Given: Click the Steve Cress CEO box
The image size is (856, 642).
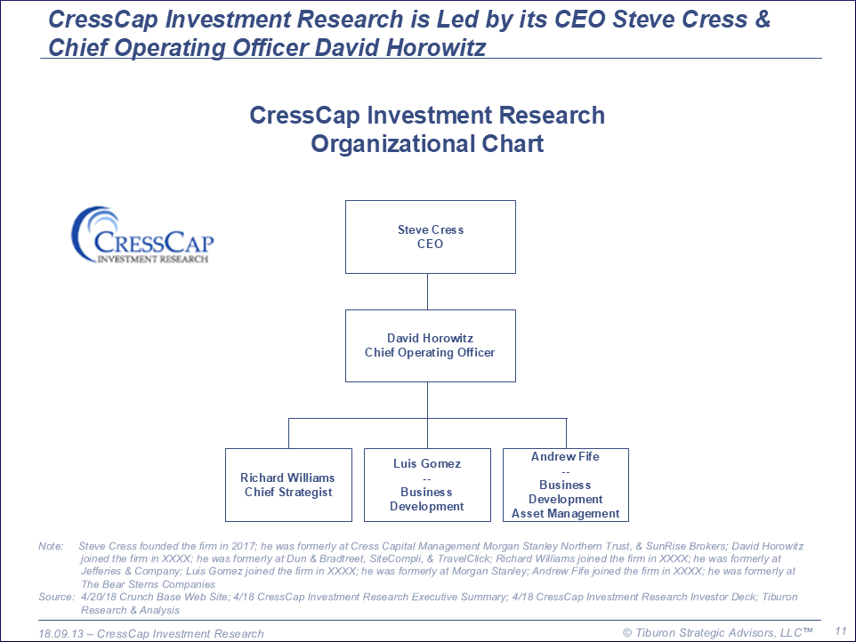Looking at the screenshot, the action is tap(430, 237).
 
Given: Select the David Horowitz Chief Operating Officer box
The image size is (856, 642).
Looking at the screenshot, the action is tap(430, 346).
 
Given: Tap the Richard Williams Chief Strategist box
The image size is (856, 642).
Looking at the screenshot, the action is tap(288, 485).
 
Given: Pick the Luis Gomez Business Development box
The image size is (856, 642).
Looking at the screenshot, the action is tap(427, 485).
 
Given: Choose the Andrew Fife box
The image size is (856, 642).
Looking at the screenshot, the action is tap(566, 485).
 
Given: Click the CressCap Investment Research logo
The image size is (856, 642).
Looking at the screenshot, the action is tap(142, 235).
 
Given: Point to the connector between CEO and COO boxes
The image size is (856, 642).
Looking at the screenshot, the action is tap(427, 292).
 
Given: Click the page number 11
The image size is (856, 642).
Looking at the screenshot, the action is tap(840, 631).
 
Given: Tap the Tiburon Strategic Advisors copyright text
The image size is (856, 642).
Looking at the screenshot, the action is tap(717, 633).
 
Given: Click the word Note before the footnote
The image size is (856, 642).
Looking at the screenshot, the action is tap(51, 546).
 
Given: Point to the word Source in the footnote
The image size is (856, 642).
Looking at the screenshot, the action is tap(56, 597).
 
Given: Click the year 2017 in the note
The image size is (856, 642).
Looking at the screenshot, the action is tap(243, 546).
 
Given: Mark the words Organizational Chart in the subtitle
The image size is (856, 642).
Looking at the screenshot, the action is tap(427, 144).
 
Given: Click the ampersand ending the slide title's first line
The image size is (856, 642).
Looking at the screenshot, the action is tap(762, 19).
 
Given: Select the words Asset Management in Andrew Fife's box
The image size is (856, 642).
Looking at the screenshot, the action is tap(566, 513).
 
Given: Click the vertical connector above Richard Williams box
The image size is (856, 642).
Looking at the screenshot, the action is tap(289, 434).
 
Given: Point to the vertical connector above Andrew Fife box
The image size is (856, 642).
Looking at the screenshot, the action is tap(566, 434).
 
